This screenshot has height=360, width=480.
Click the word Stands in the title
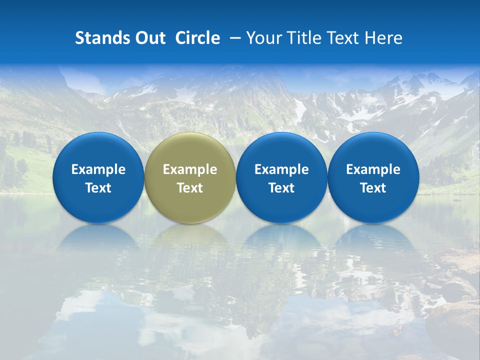click(100, 38)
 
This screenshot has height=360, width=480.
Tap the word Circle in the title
click(197, 38)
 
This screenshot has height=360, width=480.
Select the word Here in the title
click(384, 38)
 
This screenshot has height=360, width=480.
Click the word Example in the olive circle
click(190, 169)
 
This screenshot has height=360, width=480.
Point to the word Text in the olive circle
click(190, 188)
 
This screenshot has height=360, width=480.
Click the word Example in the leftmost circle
click(98, 169)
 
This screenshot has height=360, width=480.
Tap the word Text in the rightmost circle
click(373, 188)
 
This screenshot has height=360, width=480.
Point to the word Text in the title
click(343, 38)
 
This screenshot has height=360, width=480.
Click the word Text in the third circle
click(281, 188)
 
